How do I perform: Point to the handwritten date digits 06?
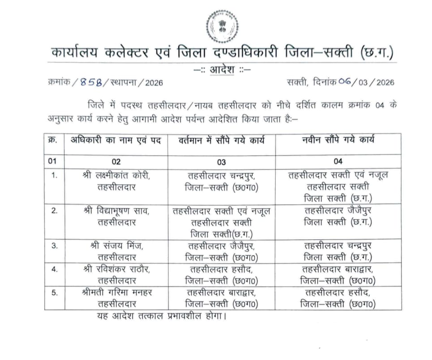pos(345,82)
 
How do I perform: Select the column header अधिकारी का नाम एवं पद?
pos(115,140)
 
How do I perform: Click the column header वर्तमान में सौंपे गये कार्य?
pos(222,140)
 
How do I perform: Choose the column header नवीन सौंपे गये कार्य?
pos(338,140)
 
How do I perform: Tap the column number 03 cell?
pos(222,162)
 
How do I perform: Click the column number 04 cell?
pos(338,162)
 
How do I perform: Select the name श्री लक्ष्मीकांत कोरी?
pos(116,176)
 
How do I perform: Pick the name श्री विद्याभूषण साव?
pos(116,211)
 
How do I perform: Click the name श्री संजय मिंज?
pos(116,246)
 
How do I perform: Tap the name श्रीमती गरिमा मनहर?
pos(116,292)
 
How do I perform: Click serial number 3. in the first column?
pos(54,246)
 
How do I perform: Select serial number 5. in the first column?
pos(54,292)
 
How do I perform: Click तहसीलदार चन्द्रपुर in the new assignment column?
pos(338,246)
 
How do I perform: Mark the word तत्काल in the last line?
pos(156,317)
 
